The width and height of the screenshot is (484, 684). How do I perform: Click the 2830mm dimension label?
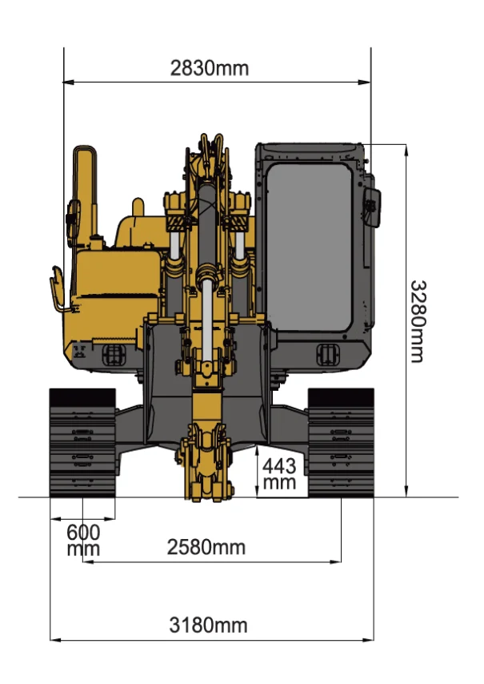pyautogui.click(x=209, y=69)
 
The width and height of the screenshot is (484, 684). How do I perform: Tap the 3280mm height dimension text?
pyautogui.click(x=418, y=321)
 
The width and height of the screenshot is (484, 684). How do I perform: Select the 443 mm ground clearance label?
pyautogui.click(x=279, y=474)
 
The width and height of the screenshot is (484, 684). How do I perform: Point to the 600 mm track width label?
pyautogui.click(x=83, y=540)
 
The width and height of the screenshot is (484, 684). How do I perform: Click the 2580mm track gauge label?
pyautogui.click(x=206, y=547)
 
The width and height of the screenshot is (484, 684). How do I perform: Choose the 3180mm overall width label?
pyautogui.click(x=208, y=625)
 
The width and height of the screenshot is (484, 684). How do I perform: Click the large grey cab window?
pyautogui.click(x=309, y=247)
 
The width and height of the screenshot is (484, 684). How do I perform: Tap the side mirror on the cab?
pyautogui.click(x=372, y=207)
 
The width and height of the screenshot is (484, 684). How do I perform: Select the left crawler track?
pyautogui.click(x=82, y=443)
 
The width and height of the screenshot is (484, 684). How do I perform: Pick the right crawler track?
pyautogui.click(x=341, y=443)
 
